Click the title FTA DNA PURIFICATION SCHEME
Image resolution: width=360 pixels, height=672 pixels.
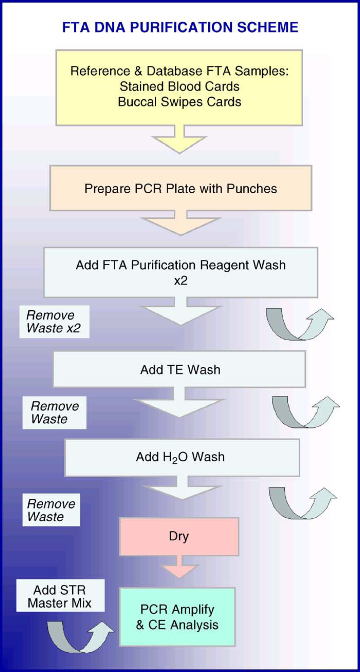coord(180,27)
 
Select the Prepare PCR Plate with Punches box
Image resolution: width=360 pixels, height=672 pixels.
coord(181,188)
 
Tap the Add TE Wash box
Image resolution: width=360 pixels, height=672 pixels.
coord(179,369)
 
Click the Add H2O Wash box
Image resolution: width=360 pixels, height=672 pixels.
coord(182,457)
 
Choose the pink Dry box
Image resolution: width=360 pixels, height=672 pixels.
coord(179,536)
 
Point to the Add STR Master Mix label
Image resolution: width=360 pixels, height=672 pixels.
coord(60,596)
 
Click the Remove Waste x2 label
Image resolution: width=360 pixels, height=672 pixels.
coord(54,322)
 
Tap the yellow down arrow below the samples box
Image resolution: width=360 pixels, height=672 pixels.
coord(179,139)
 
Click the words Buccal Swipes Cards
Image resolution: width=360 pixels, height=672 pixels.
coord(179,102)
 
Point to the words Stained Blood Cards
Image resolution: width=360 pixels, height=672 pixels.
coord(179,86)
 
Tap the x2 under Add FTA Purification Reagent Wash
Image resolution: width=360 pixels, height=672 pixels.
coord(181,281)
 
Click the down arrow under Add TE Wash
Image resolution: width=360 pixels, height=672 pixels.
coord(179,402)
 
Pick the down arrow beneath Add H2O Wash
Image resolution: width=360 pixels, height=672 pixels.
coord(182,488)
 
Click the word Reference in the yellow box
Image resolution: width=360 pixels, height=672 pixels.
coord(100,71)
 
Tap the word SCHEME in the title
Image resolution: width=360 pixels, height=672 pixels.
coord(268,27)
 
